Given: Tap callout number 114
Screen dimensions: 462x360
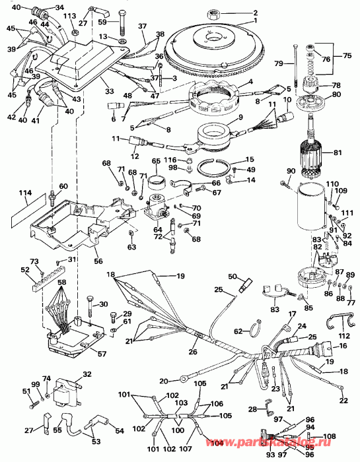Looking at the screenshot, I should point(24,193).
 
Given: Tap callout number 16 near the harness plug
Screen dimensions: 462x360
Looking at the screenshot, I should point(343,346).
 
